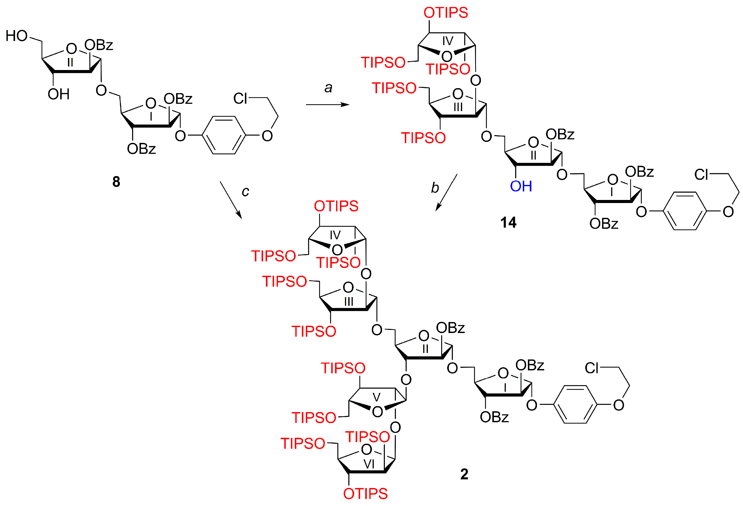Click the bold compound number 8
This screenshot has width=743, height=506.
[x=116, y=182]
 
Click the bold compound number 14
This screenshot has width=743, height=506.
[x=508, y=222]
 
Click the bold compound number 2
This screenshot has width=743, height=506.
[x=464, y=474]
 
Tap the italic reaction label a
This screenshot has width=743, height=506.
[x=328, y=87]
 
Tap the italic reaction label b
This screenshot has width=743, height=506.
[x=435, y=188]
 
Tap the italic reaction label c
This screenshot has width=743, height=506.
[x=245, y=191]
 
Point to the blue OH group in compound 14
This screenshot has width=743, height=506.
[x=521, y=186]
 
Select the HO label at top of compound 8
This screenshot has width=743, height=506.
[x=17, y=36]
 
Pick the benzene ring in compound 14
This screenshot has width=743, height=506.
[x=685, y=211]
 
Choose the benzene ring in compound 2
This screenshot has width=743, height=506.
[x=575, y=404]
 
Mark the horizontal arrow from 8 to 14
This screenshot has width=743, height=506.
[x=328, y=105]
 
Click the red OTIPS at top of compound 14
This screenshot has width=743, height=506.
[x=445, y=13]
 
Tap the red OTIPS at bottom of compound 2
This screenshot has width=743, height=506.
[x=365, y=494]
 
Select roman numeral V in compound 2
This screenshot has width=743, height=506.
[x=376, y=397]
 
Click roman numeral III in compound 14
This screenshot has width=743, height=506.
[x=458, y=107]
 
